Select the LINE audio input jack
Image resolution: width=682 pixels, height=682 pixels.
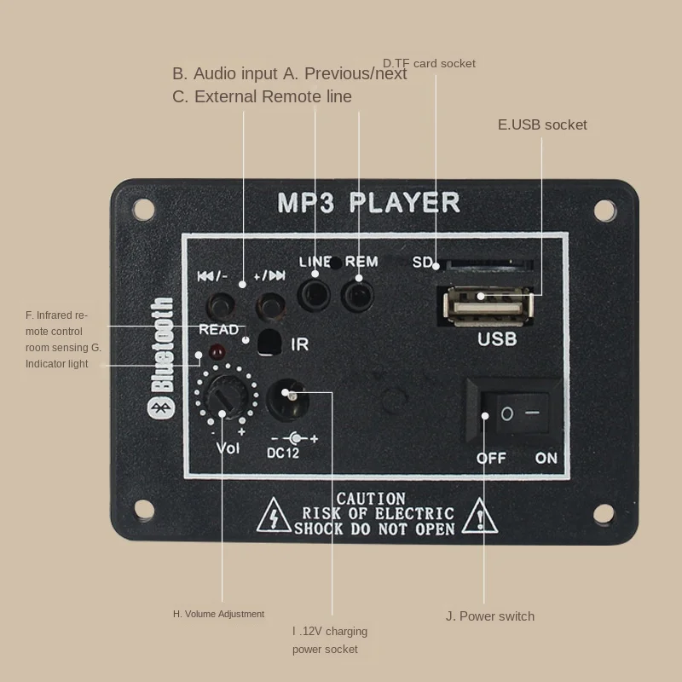click(x=315, y=295)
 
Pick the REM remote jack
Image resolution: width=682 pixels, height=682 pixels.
click(x=357, y=295)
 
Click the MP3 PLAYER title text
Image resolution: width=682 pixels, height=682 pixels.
click(x=368, y=203)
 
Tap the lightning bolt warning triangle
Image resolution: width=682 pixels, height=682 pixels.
click(x=275, y=515)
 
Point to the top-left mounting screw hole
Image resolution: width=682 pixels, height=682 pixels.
click(x=143, y=207)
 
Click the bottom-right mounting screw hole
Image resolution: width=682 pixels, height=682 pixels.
click(x=604, y=514)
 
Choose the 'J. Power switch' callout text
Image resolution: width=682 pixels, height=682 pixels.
click(x=490, y=616)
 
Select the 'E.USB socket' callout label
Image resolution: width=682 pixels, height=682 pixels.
click(x=542, y=124)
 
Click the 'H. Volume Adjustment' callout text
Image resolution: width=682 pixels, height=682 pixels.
click(x=218, y=614)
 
